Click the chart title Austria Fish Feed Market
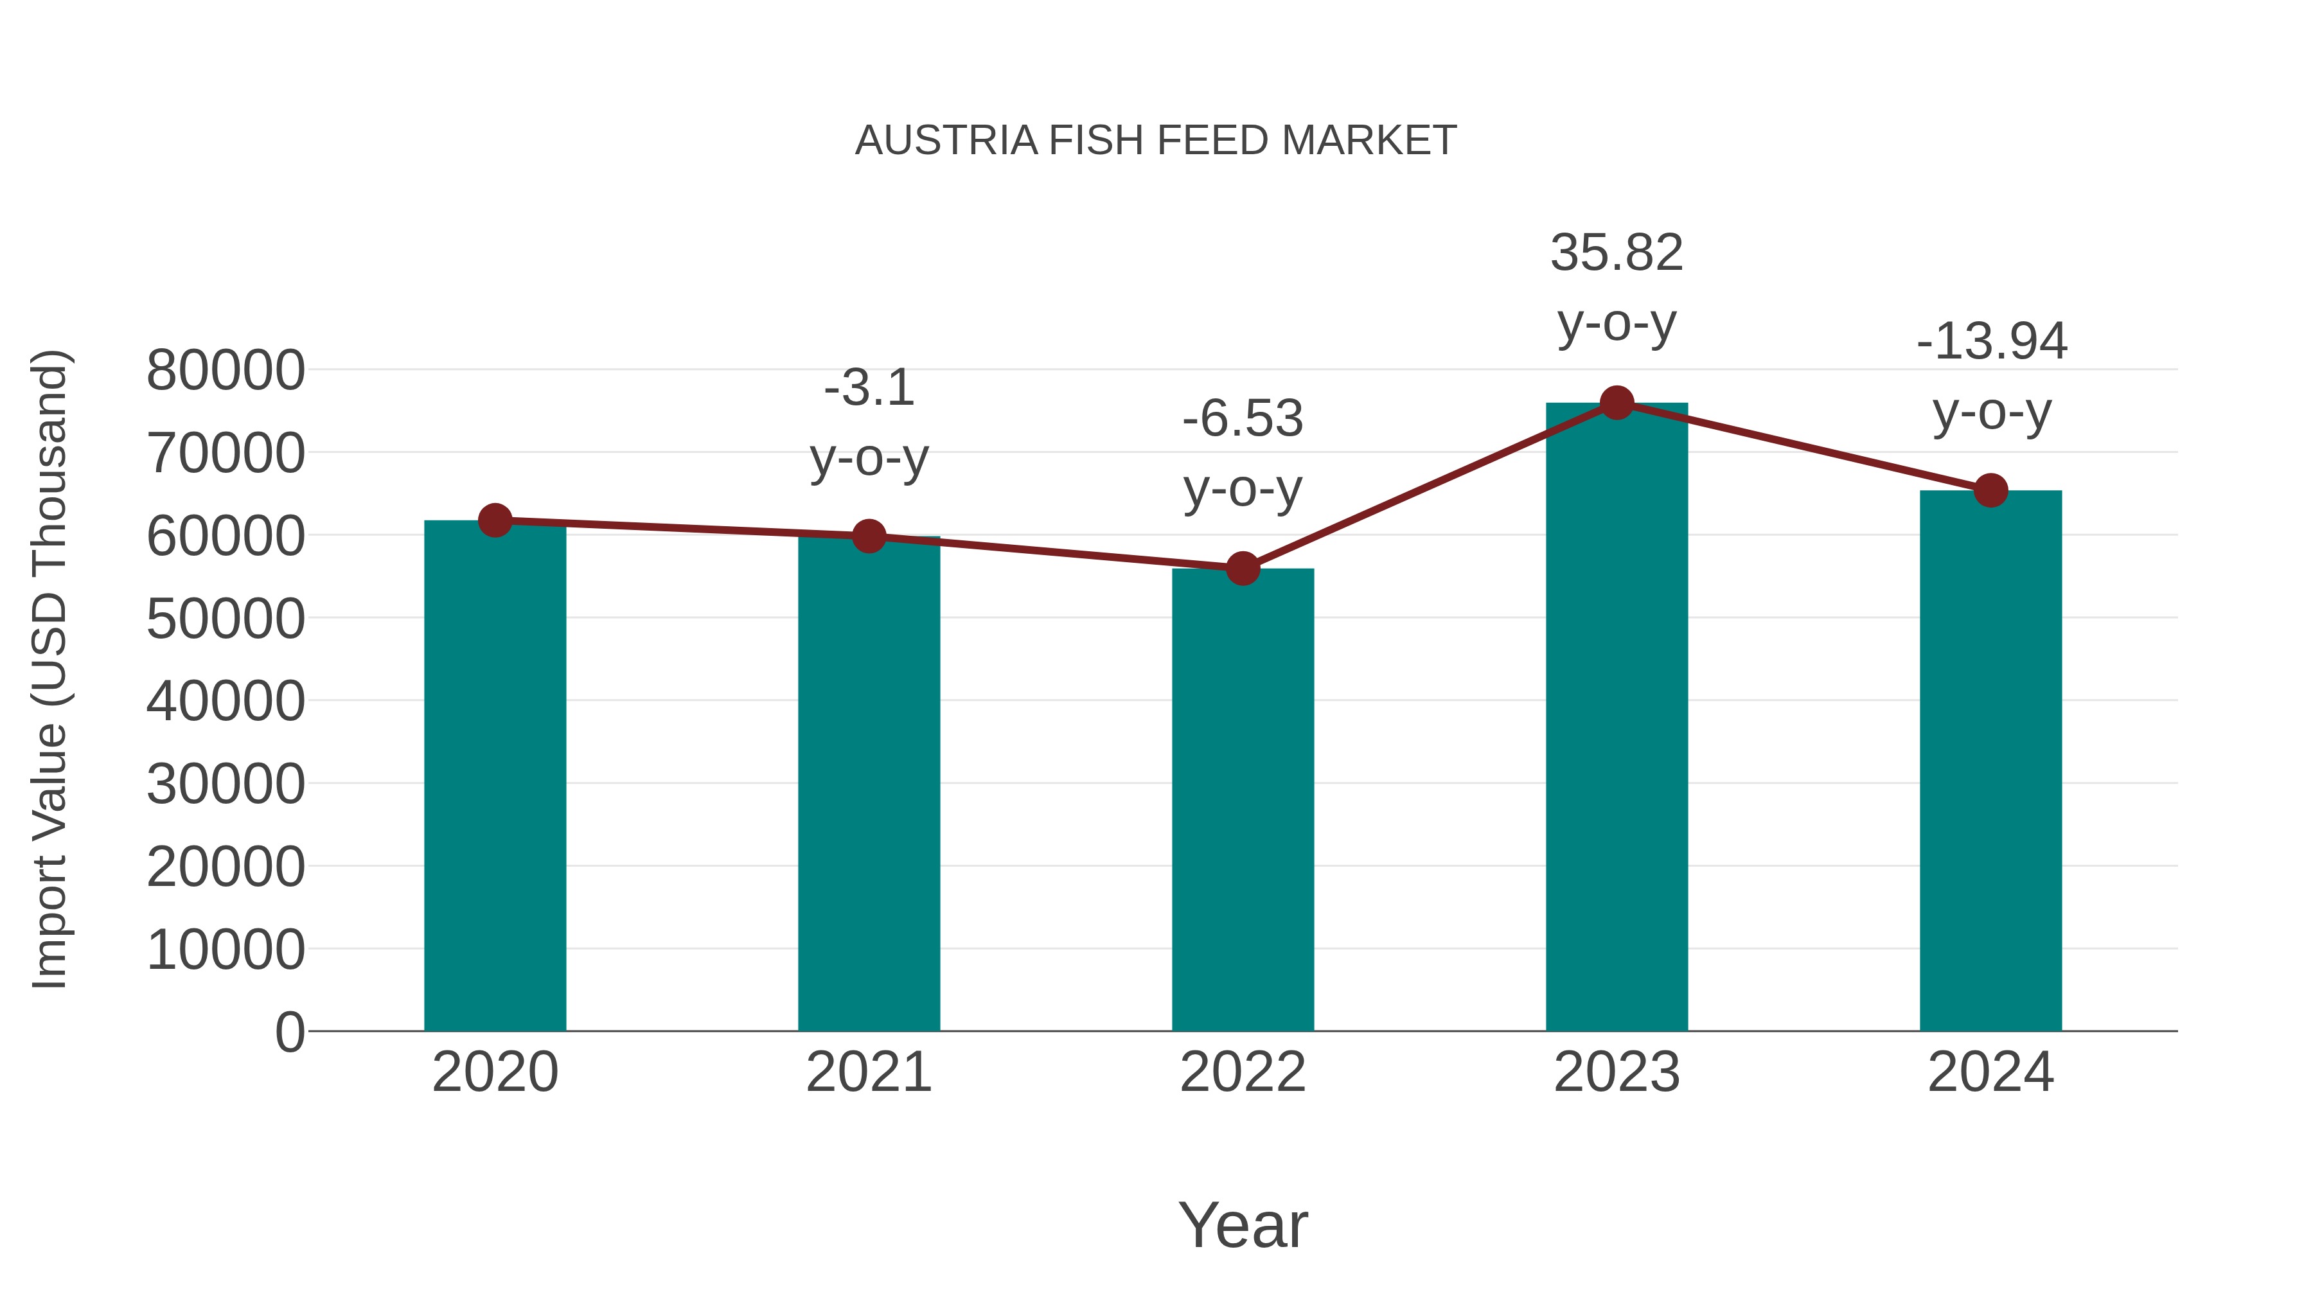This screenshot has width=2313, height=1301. click(x=1156, y=141)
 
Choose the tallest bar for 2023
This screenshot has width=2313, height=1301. click(x=1617, y=718)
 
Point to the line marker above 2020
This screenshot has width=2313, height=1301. click(x=495, y=520)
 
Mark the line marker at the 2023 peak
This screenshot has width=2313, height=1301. click(x=1617, y=403)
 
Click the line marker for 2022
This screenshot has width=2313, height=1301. click(x=1243, y=569)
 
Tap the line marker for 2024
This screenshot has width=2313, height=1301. click(x=1990, y=490)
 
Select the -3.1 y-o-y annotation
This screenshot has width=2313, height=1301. click(x=868, y=422)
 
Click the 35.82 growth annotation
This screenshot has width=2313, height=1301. click(x=1617, y=287)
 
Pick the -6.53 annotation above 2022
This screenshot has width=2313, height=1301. click(x=1243, y=454)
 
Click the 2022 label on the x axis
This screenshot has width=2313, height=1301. click(x=1243, y=1072)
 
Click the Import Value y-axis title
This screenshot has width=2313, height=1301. click(x=50, y=669)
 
